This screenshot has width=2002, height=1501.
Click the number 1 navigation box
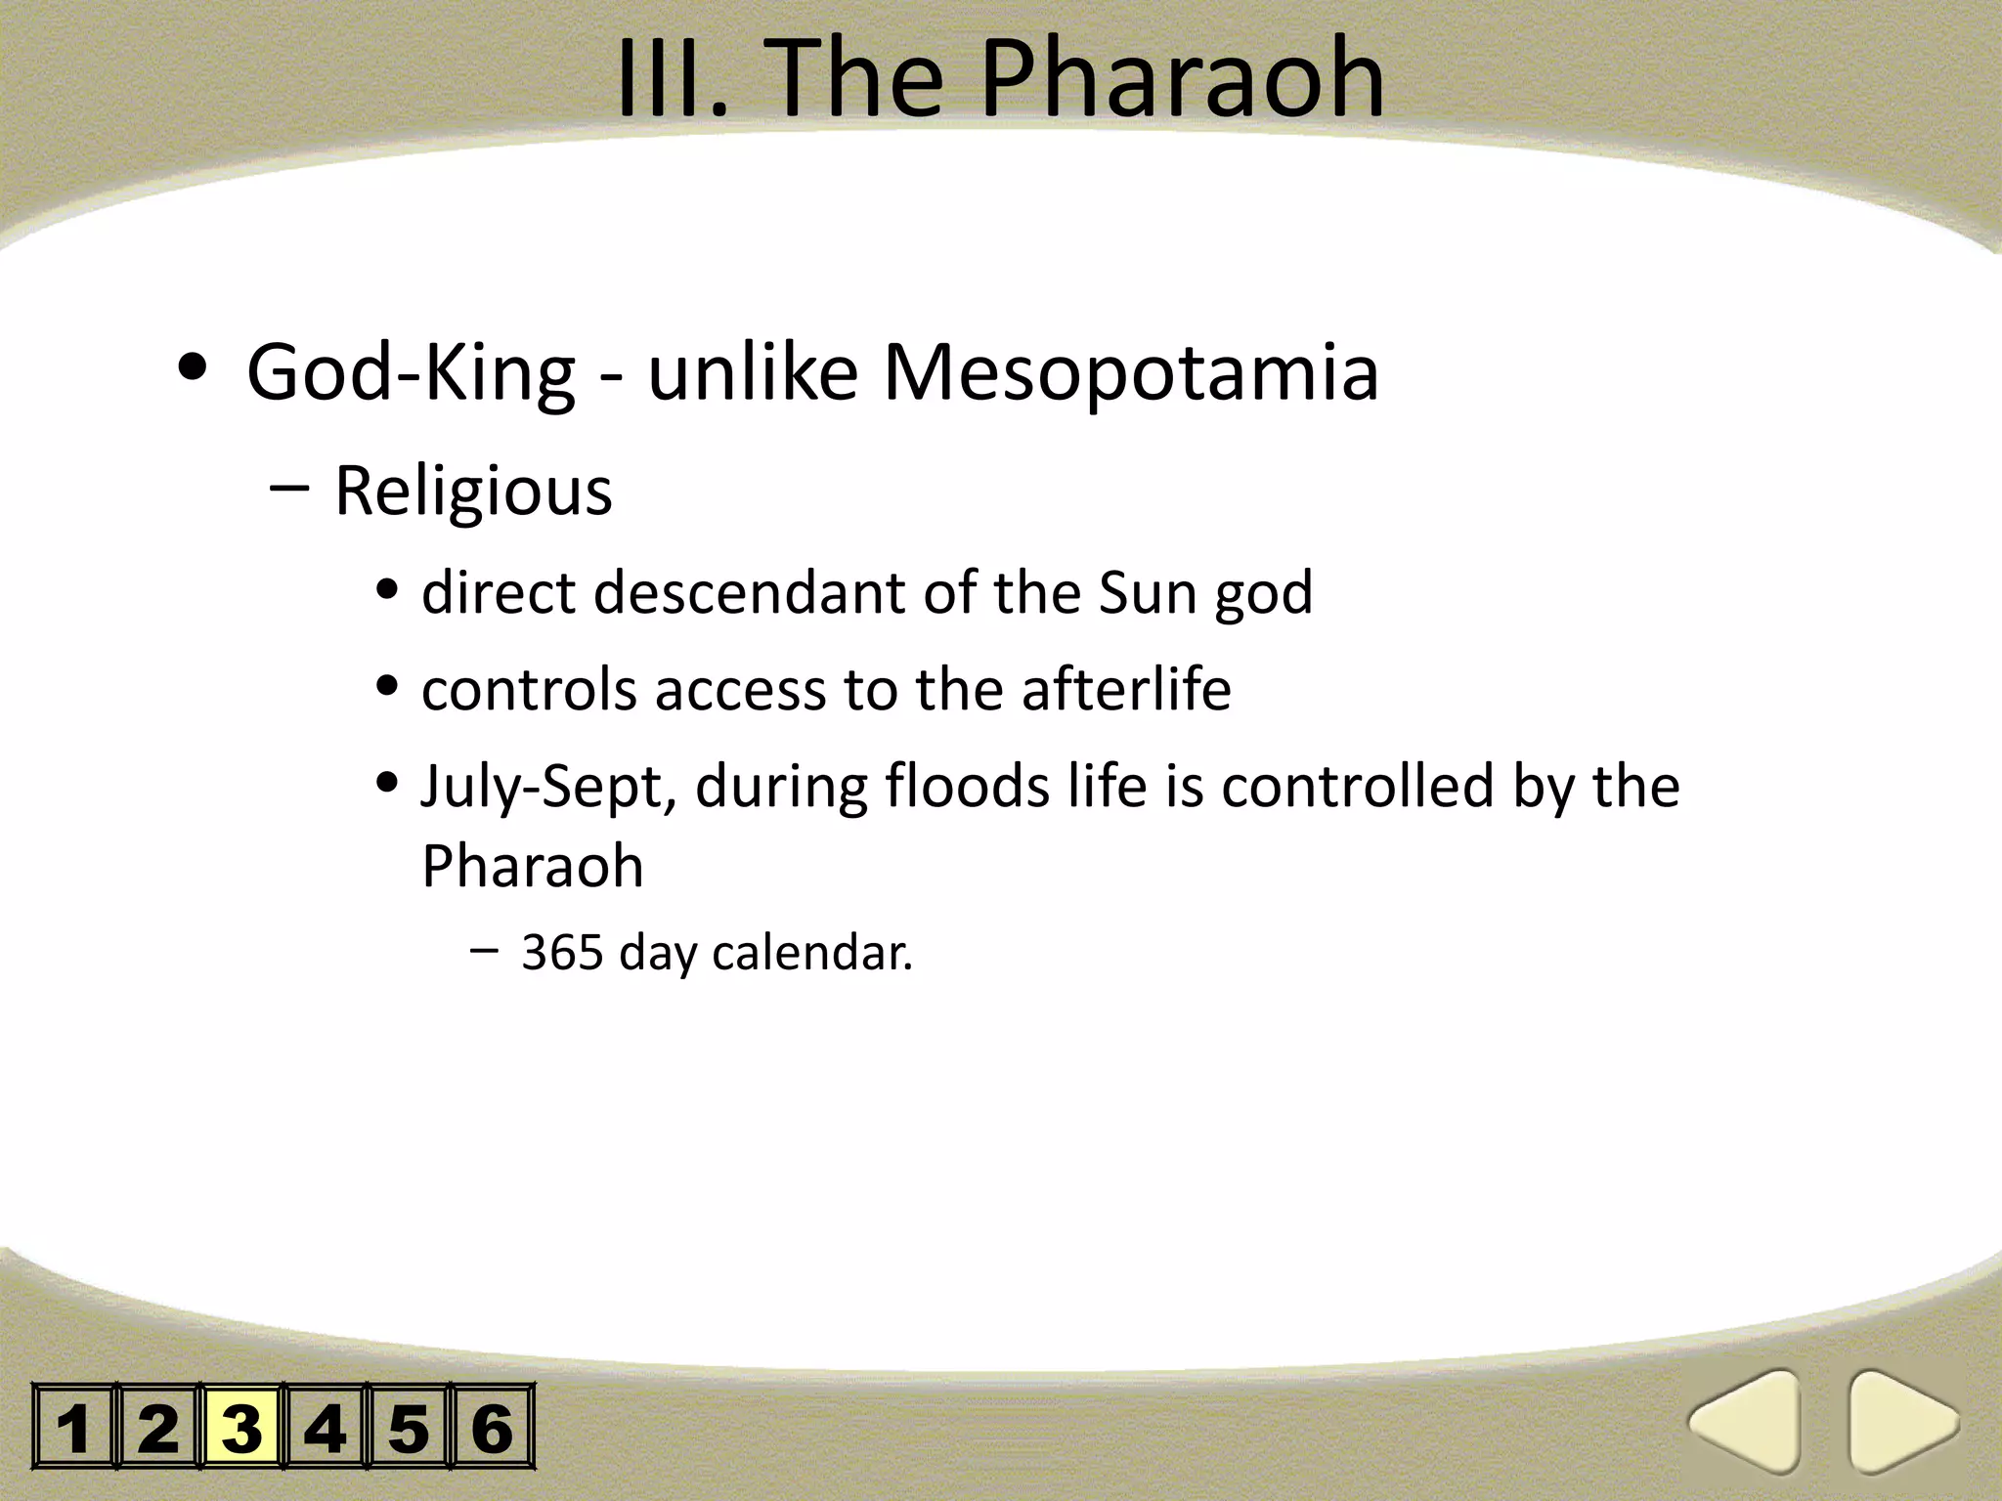[x=74, y=1428]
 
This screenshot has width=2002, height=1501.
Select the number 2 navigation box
[x=158, y=1428]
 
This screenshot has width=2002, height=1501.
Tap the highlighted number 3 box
[x=241, y=1428]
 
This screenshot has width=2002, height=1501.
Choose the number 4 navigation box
[x=326, y=1428]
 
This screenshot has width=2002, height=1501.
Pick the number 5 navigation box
[x=409, y=1428]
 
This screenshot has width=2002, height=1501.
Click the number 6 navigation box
[x=492, y=1428]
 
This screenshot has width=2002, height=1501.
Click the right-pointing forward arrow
[x=1899, y=1422]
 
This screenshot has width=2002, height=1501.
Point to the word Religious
[x=473, y=492]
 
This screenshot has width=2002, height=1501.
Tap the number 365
[x=561, y=952]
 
